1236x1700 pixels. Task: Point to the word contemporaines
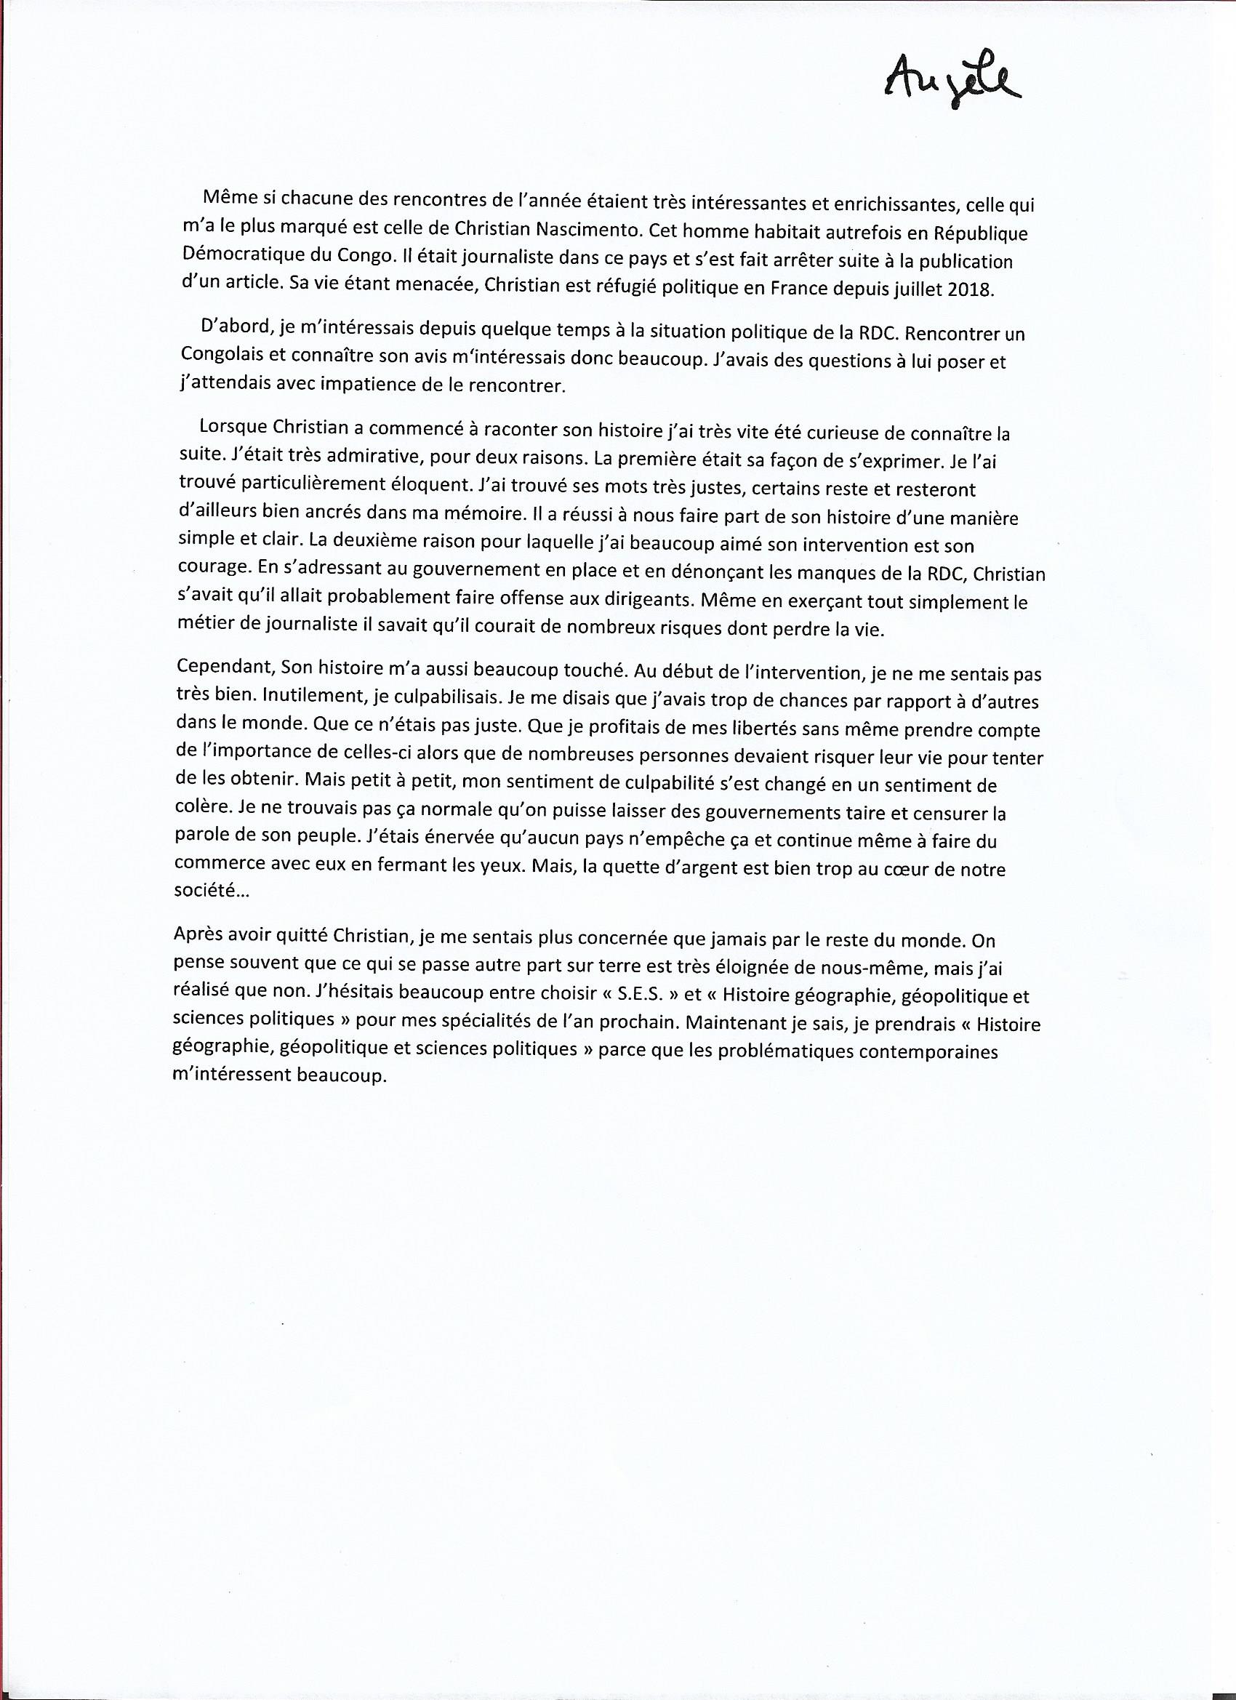[x=928, y=1053]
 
